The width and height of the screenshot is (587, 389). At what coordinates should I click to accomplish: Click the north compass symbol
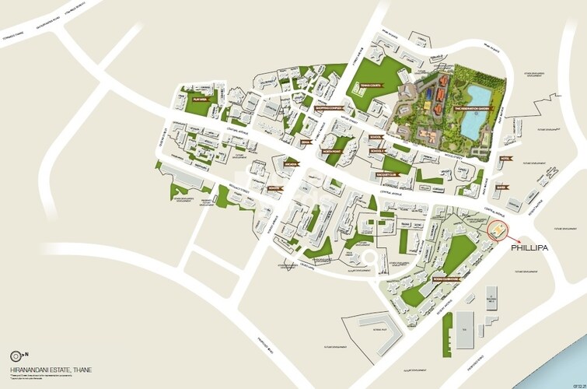pyautogui.click(x=16, y=356)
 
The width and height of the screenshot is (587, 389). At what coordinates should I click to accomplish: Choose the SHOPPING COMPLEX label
pyautogui.click(x=329, y=108)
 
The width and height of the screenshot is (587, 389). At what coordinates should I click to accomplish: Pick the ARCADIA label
pyautogui.click(x=291, y=164)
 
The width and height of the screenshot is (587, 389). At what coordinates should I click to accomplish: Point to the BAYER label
pyautogui.click(x=501, y=187)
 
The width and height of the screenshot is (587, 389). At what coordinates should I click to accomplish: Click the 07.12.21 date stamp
pyautogui.click(x=577, y=382)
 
